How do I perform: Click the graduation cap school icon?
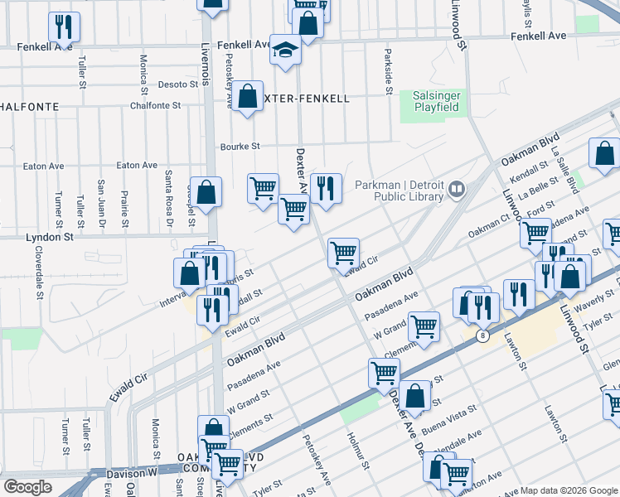[285, 51]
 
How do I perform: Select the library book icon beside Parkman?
[455, 191]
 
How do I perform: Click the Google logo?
[27, 487]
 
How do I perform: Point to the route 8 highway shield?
[482, 336]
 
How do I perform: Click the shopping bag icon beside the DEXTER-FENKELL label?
[248, 97]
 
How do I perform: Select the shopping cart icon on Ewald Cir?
[343, 253]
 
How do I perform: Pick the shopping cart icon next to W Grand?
[424, 326]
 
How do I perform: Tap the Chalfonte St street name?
[155, 106]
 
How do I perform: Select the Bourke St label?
[240, 147]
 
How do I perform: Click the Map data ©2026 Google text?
[567, 490]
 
